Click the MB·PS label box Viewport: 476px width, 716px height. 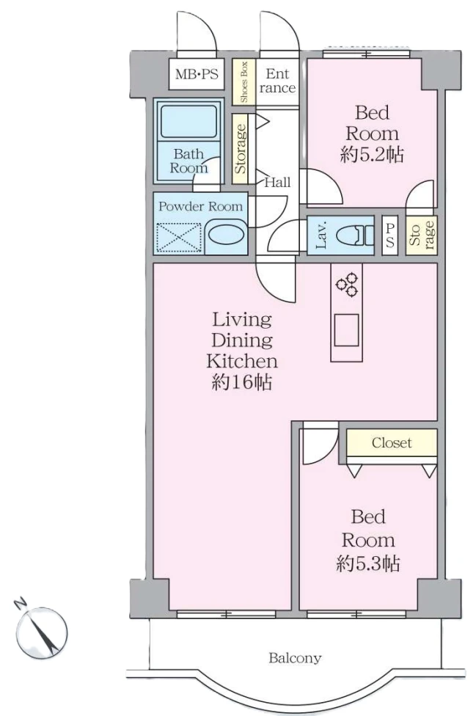click(197, 74)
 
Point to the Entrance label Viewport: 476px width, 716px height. click(277, 81)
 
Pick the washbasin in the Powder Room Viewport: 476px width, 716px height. click(227, 236)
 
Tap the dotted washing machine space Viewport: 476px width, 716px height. click(179, 238)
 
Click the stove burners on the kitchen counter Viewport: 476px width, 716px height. click(347, 284)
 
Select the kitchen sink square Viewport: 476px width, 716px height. click(346, 330)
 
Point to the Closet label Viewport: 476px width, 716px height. click(392, 442)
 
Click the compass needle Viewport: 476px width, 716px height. click(44, 632)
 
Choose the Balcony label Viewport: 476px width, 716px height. click(295, 658)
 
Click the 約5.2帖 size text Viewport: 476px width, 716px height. click(372, 156)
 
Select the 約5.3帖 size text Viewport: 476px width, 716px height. click(368, 563)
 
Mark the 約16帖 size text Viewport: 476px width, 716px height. click(242, 382)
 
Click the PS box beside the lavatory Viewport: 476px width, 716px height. click(389, 235)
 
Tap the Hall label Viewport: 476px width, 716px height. click(277, 183)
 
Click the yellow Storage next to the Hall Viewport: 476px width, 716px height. click(240, 149)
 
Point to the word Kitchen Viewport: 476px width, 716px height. click(242, 361)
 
